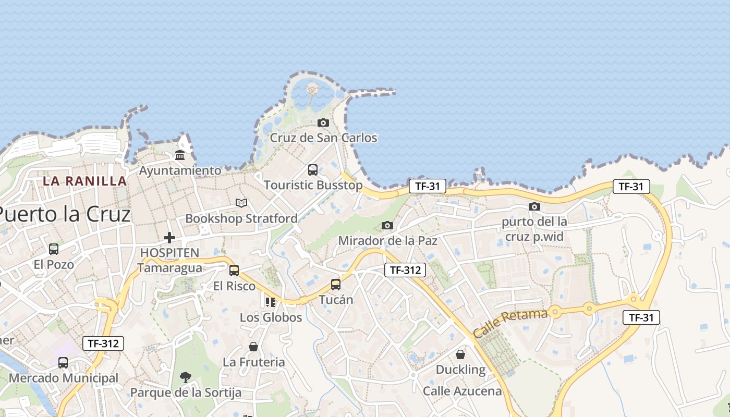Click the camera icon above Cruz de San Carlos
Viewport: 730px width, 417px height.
[x=323, y=123]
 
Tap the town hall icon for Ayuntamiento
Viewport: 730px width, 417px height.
[x=180, y=155]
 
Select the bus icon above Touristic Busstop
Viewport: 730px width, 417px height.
[x=313, y=170]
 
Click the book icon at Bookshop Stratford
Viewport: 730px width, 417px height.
[x=241, y=203]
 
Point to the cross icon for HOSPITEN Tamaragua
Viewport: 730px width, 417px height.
[x=169, y=238]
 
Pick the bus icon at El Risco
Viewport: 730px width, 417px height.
[x=234, y=271]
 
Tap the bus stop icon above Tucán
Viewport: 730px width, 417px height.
[x=336, y=285]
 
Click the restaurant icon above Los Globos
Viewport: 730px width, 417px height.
[x=270, y=302]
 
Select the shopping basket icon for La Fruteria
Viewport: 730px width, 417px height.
[x=253, y=347]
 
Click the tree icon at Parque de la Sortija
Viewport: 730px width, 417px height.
[x=185, y=377]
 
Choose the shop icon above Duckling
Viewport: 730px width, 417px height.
[x=460, y=354]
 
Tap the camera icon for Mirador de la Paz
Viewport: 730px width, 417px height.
[x=387, y=225]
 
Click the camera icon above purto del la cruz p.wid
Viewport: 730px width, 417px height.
[x=534, y=206]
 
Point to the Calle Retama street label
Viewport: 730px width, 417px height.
[x=510, y=323]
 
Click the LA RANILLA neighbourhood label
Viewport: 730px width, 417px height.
[x=84, y=181]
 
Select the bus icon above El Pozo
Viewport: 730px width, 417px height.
[x=54, y=249]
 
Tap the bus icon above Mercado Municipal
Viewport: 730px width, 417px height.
[x=63, y=363]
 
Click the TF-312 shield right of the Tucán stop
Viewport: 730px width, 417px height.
[x=405, y=270]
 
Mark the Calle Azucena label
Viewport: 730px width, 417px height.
[x=462, y=391]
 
